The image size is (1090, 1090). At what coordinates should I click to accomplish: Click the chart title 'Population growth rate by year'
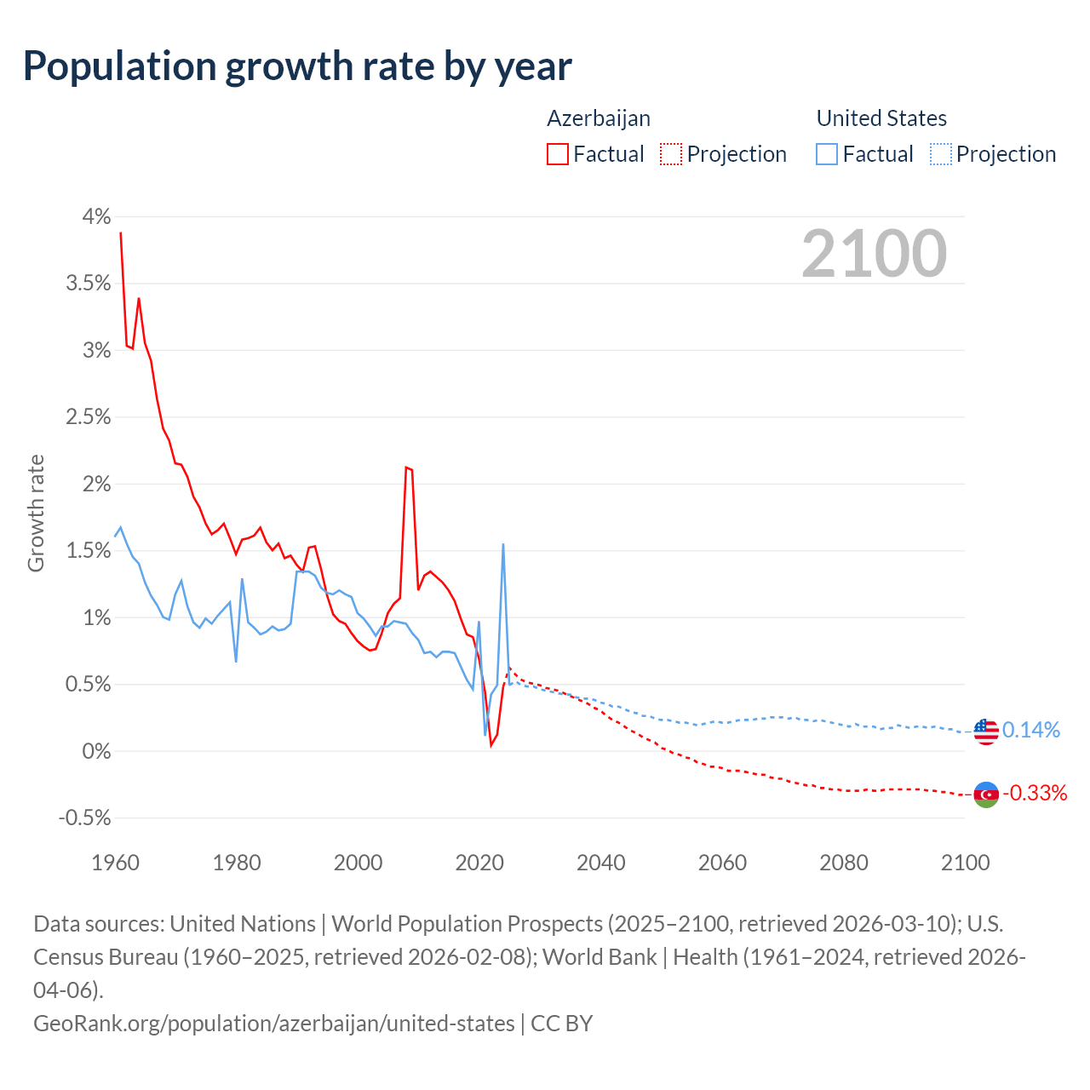pyautogui.click(x=297, y=66)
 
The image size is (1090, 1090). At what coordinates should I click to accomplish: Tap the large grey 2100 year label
pyautogui.click(x=874, y=254)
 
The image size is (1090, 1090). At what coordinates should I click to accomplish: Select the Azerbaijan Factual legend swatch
pyautogui.click(x=558, y=154)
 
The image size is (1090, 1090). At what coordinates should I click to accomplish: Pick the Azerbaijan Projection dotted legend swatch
pyautogui.click(x=671, y=154)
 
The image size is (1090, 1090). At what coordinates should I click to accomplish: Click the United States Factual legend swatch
pyautogui.click(x=827, y=154)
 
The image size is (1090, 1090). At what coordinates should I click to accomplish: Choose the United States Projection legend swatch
pyautogui.click(x=941, y=154)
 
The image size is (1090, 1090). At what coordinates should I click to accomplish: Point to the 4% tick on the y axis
pyautogui.click(x=96, y=217)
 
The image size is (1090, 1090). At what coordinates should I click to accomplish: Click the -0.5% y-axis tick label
pyautogui.click(x=85, y=818)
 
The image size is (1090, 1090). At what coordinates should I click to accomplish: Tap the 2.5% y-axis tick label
pyautogui.click(x=89, y=417)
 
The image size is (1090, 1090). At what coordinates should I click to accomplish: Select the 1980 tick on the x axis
pyautogui.click(x=237, y=863)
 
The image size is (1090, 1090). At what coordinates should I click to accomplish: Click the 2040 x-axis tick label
pyautogui.click(x=601, y=863)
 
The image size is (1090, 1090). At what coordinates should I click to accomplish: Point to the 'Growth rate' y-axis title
pyautogui.click(x=36, y=513)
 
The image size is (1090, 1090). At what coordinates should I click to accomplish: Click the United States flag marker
pyautogui.click(x=985, y=731)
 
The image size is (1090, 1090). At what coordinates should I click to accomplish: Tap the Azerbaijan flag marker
pyautogui.click(x=985, y=795)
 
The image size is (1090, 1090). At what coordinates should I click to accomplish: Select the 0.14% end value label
pyautogui.click(x=1031, y=730)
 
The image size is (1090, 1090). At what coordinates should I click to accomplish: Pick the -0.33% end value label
pyautogui.click(x=1035, y=794)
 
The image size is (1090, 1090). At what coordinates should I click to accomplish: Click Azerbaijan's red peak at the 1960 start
pyautogui.click(x=121, y=232)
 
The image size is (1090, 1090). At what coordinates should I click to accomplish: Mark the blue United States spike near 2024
pyautogui.click(x=503, y=545)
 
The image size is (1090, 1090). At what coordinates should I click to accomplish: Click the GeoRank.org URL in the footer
pyautogui.click(x=274, y=1023)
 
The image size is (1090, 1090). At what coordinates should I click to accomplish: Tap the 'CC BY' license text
pyautogui.click(x=561, y=1023)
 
